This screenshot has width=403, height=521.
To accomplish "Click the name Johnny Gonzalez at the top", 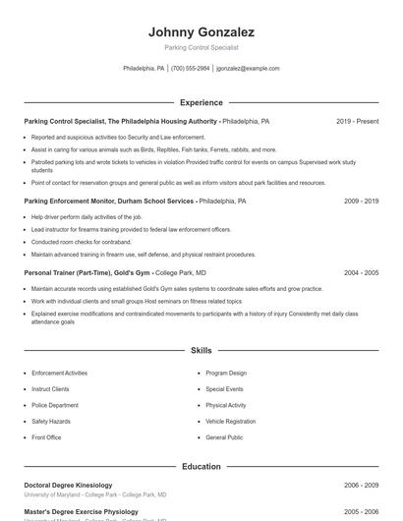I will [201, 31].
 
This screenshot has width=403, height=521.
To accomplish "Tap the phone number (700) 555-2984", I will [190, 69].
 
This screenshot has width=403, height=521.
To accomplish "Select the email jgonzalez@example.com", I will [248, 69].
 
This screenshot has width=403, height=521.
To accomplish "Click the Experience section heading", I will [201, 102].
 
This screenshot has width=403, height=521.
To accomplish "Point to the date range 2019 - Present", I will [357, 121].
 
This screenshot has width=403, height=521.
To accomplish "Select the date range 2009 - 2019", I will [361, 201].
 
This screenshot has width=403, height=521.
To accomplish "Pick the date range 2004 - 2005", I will [361, 272].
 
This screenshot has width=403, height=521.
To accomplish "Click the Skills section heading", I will [201, 350].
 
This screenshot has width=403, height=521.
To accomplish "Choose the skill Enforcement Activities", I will [59, 374].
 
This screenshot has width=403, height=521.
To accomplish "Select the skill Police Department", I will [55, 405].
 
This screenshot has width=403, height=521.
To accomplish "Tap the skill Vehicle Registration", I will [230, 421].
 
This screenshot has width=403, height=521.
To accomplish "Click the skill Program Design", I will [226, 374].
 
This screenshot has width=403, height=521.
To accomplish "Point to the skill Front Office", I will [46, 436].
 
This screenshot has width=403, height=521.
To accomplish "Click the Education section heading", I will [201, 466].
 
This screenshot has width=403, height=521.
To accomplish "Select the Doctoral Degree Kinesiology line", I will [68, 485].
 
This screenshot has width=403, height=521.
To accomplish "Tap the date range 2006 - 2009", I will [361, 485].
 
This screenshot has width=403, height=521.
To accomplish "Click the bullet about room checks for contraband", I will [81, 242].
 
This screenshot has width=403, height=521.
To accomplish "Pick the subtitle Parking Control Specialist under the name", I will [201, 47].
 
